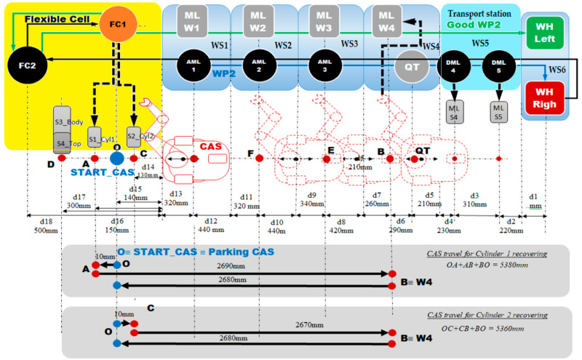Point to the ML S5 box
pyautogui.click(x=498, y=115)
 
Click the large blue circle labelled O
pyautogui.click(x=116, y=158)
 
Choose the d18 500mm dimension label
pyautogui.click(x=41, y=225)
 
